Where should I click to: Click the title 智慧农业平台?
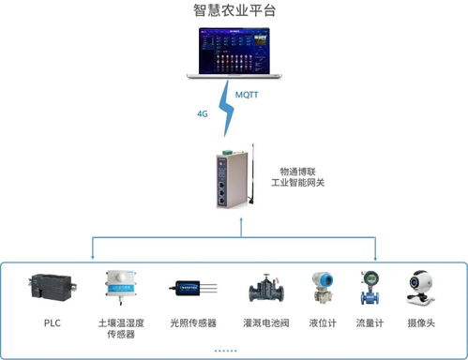(x=234, y=12)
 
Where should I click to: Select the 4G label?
(x=202, y=114)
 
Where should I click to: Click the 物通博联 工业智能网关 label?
(x=301, y=177)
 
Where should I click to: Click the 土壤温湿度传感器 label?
(x=121, y=327)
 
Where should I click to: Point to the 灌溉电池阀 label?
(x=265, y=322)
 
